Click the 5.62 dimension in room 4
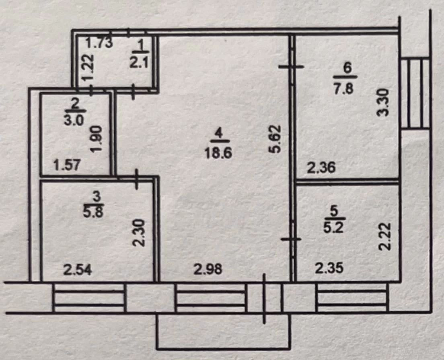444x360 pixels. pos(275,139)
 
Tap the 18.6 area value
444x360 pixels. pos(218,153)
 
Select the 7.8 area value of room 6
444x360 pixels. pos(344,88)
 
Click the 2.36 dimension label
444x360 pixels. pos(321,167)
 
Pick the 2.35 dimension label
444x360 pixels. pos(329,267)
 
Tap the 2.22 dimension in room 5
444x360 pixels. pos(385,237)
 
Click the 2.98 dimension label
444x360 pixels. pos(208,269)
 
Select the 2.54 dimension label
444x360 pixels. pos(78,269)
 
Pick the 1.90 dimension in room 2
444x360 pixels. pos(96,139)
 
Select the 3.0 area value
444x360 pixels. pos(74,121)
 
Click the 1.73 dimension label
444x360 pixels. pos(99,43)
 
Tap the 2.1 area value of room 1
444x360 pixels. pos(139,61)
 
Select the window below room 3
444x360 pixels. pos(89,298)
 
